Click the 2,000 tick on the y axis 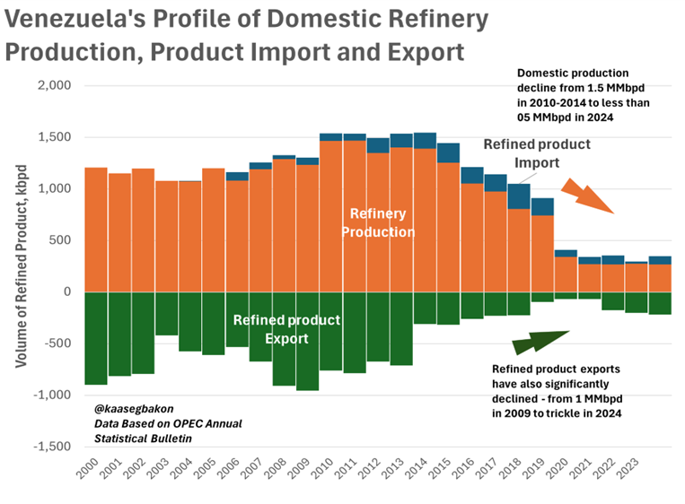pyautogui.click(x=54, y=86)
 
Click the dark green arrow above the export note pyautogui.click(x=539, y=342)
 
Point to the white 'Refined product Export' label pyautogui.click(x=286, y=329)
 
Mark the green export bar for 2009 pyautogui.click(x=308, y=341)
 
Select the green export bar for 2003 pyautogui.click(x=167, y=313)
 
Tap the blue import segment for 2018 pyautogui.click(x=518, y=196)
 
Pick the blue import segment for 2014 pyautogui.click(x=425, y=141)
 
